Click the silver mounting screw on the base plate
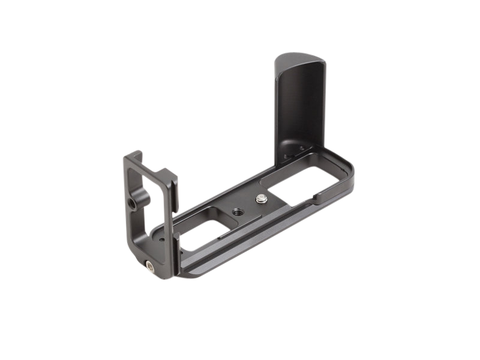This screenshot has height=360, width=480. point(262,199)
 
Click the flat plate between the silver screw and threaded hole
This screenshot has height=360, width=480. point(248,205)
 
